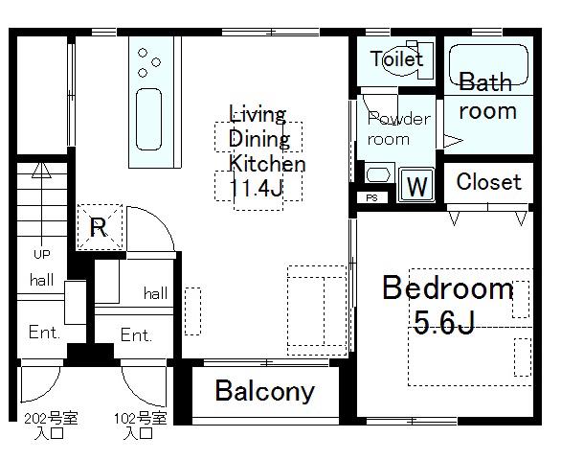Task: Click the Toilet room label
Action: click(x=396, y=58)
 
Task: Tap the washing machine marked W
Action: click(x=416, y=185)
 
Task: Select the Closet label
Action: click(x=489, y=182)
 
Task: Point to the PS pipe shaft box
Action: click(x=372, y=197)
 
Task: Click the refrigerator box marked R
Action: click(x=100, y=227)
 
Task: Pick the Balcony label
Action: click(x=265, y=391)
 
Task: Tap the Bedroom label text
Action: click(x=448, y=287)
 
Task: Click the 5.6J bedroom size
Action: click(x=444, y=322)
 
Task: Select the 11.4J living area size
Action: click(x=256, y=188)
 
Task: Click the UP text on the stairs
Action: click(x=42, y=254)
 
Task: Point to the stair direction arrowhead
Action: click(x=41, y=171)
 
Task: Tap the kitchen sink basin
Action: click(x=148, y=119)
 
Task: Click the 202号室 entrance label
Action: click(x=51, y=419)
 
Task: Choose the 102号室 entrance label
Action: click(x=140, y=419)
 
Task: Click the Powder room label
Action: click(x=398, y=128)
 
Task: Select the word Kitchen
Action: click(x=267, y=164)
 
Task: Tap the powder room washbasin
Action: click(x=378, y=175)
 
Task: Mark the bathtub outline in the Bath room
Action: click(x=488, y=65)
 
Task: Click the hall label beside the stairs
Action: click(x=42, y=280)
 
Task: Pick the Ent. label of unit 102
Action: click(x=136, y=335)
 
